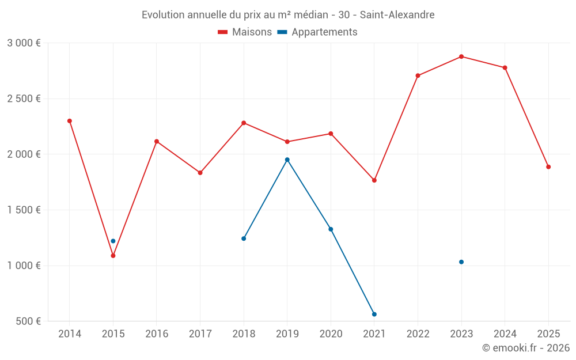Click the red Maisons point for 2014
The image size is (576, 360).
tap(70, 121)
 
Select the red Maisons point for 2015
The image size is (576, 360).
tap(113, 256)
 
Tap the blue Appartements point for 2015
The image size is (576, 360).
tap(113, 241)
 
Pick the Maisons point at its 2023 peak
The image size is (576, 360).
tap(461, 56)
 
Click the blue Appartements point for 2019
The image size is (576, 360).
tap(287, 160)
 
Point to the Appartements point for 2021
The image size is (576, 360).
tap(374, 314)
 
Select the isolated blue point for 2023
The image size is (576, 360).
tap(461, 262)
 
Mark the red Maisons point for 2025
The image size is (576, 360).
tap(548, 167)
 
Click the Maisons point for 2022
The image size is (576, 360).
tap(418, 75)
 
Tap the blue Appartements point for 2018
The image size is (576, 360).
tap(244, 238)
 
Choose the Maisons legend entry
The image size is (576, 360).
tap(245, 32)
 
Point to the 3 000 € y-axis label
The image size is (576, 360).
tap(24, 43)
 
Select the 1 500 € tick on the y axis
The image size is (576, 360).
tap(24, 210)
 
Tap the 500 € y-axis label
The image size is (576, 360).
tap(28, 321)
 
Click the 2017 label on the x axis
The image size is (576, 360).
tap(200, 334)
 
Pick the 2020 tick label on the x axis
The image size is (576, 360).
tap(331, 334)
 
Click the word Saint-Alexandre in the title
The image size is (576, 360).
tap(397, 14)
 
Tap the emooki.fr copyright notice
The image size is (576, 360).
tap(526, 348)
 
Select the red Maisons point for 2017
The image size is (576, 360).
tap(200, 173)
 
